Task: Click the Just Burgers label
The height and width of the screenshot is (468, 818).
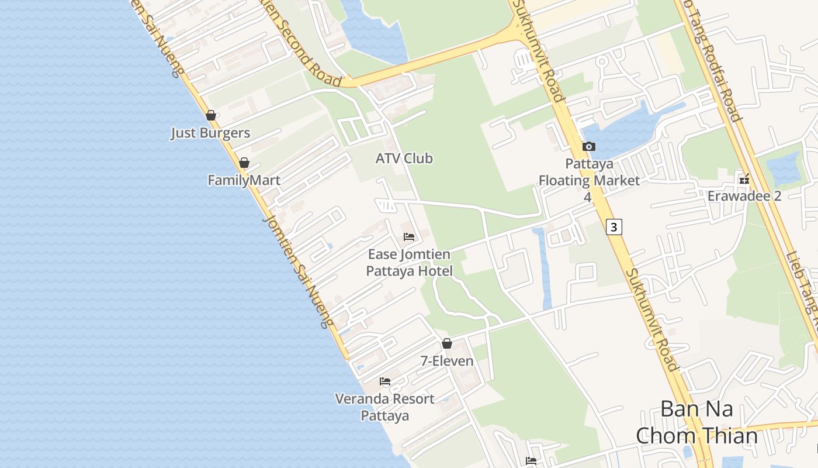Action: (210, 133)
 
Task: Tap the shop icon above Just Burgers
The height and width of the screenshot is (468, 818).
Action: (211, 115)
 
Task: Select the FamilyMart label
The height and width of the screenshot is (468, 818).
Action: (244, 180)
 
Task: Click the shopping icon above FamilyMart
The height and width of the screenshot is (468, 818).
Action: (244, 163)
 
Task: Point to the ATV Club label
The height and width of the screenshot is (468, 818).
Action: (404, 158)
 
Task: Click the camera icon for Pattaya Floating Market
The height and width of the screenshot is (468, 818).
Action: (588, 146)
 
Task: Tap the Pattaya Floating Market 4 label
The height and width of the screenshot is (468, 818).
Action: (588, 180)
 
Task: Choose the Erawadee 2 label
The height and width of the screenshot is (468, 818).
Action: (744, 196)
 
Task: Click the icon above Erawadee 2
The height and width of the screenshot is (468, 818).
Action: (744, 179)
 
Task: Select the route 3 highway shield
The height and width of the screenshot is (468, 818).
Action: (613, 226)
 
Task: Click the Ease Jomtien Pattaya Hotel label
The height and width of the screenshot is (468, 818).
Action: (409, 263)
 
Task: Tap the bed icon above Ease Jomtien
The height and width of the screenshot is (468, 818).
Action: (409, 237)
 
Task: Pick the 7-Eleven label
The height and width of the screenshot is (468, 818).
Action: (447, 361)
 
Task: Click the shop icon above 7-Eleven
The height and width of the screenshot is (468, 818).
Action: (447, 343)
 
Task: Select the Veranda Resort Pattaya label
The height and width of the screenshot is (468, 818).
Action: (384, 407)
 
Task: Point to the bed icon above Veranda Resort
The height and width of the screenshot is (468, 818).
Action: (385, 381)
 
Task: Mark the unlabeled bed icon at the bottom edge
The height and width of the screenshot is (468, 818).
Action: (531, 461)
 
